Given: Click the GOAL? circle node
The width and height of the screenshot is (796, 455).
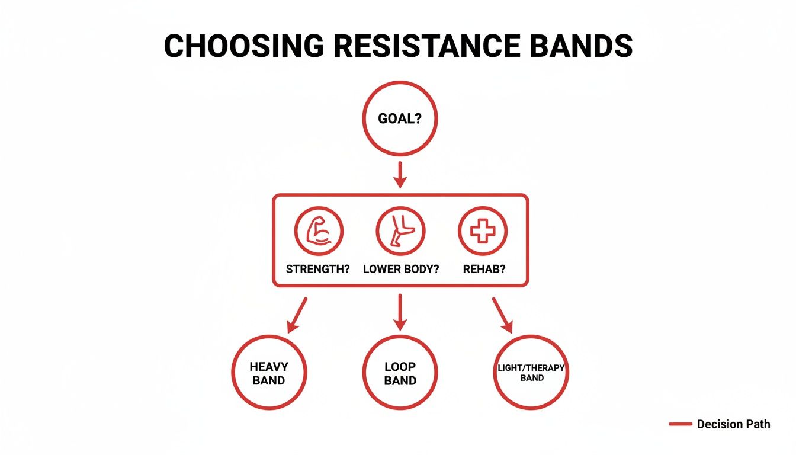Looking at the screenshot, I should coord(400,118).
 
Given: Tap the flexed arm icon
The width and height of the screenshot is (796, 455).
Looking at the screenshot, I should coord(318,232).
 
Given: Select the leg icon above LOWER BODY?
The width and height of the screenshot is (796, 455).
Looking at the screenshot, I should coord(400,232).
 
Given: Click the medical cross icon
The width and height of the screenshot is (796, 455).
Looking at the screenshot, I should coord(483,232).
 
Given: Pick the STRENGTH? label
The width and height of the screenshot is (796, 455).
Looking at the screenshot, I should coord(318,269).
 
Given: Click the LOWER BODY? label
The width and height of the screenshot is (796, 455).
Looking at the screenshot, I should coord(401,269).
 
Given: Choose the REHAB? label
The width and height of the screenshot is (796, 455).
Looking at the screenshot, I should coord(484,269).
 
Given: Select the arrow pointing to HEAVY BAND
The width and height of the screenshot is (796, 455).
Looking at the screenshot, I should coord(297,315).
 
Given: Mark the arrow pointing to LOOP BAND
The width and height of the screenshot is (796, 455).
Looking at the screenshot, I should coord(400,312).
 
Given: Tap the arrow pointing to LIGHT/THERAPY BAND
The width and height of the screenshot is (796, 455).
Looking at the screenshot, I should coord(502,315).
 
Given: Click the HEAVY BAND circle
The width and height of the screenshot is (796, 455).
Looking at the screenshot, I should coord(269,373).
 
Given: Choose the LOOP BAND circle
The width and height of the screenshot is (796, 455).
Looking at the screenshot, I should coord(400,373).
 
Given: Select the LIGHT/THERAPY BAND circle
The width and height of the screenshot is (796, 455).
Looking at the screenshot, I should coord(531,373).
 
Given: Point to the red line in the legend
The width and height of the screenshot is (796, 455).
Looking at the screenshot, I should coord(680,424).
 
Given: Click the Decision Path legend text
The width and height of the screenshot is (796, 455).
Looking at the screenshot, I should coord(734,424).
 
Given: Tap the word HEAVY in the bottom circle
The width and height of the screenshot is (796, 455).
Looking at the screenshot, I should coord(269,367).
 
